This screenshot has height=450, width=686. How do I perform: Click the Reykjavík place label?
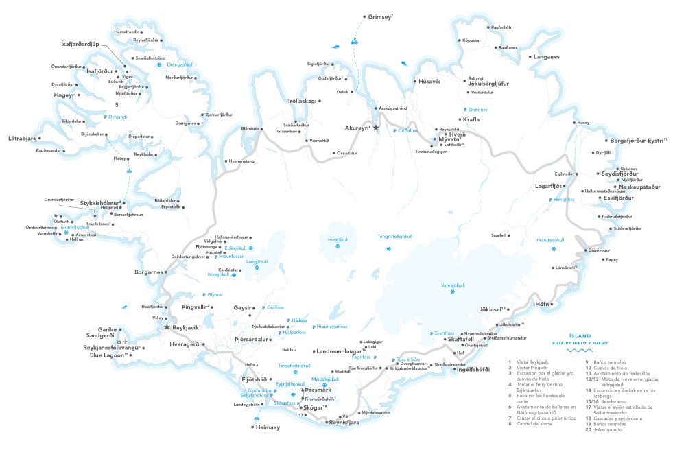(x=185, y=327)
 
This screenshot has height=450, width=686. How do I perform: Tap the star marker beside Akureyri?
(x=375, y=128)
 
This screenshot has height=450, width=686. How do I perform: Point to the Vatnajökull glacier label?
(x=452, y=285)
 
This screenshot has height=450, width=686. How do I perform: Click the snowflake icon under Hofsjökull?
(x=338, y=246)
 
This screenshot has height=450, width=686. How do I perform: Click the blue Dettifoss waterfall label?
(x=482, y=109)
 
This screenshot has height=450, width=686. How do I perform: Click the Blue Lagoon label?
(x=108, y=355)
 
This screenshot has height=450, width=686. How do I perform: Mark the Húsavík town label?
(x=433, y=81)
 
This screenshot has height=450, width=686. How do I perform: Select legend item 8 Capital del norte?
(x=532, y=424)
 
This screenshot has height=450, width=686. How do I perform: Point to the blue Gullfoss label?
(x=274, y=308)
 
